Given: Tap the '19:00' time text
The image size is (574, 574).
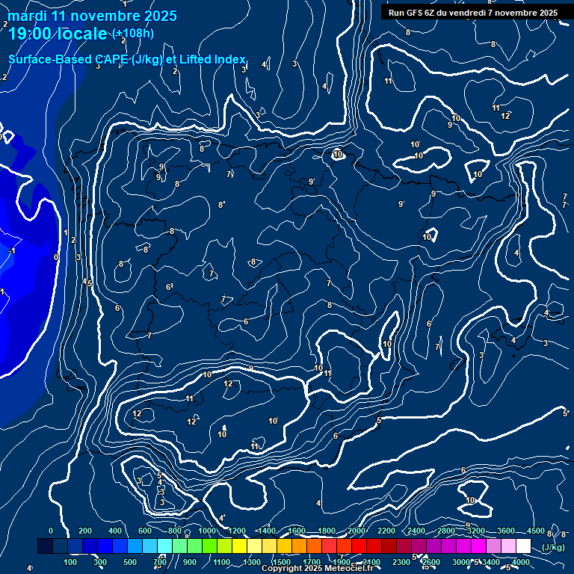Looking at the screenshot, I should (x=28, y=34).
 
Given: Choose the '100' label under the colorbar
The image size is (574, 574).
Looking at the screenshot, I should (x=71, y=562).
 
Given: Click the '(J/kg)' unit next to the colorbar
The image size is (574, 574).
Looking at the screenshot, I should (x=553, y=547).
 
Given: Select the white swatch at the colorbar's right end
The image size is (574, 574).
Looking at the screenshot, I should (x=523, y=546).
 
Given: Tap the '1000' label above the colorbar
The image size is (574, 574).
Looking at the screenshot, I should (x=207, y=531).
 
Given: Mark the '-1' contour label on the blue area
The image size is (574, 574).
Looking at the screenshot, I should (x=10, y=251).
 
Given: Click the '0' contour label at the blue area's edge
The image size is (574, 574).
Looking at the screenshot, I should (x=56, y=257).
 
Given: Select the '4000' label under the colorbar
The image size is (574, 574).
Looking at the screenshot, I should (x=521, y=562).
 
